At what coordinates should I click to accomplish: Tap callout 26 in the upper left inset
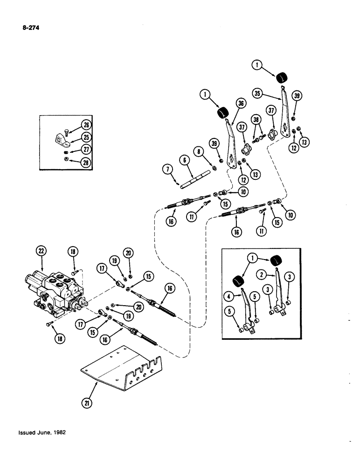pos(86,124)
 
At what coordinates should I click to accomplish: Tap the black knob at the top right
pos(281,77)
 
